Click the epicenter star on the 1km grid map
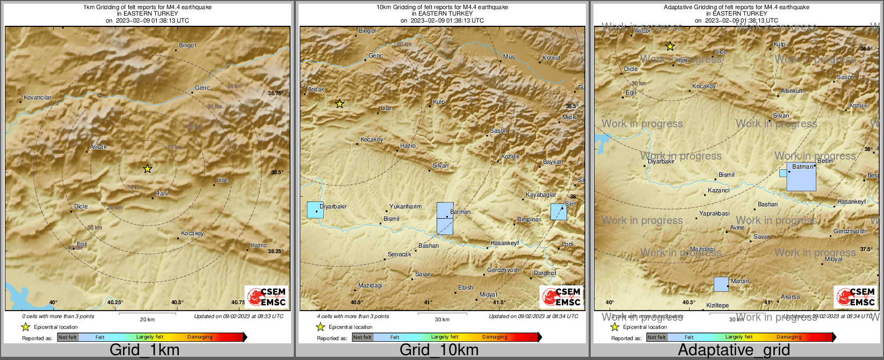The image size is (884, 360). pos(148,169)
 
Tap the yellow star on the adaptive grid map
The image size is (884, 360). pos(670,47)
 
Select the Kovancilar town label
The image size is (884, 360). pos(38,97)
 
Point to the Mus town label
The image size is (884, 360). pos(509,56)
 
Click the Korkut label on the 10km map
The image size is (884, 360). pos(551,57)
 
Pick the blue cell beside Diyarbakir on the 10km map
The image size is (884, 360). pos(315,210)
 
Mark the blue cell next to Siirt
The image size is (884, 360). pos(559,212)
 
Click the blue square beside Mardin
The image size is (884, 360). pos(721,284)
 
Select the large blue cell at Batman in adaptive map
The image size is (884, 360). pos(801,177)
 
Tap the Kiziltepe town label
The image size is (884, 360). pos(718,305)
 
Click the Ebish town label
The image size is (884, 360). pos(466,287)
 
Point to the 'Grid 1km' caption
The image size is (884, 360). pos(144,350)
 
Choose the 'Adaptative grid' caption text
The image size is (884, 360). pos(734,350)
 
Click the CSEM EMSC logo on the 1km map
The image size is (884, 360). pos(266,297)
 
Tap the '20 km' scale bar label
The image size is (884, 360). pos(147,319)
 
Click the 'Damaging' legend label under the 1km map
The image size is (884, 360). pos(200,337)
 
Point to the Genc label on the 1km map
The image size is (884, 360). pos(202,88)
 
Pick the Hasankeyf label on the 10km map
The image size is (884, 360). pos(504,243)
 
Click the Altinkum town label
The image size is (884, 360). pos(792,91)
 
